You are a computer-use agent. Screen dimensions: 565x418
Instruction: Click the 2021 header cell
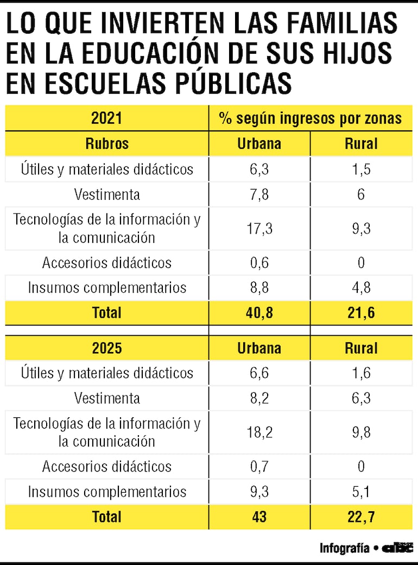106,118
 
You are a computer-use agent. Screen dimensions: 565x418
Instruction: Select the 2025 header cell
106,348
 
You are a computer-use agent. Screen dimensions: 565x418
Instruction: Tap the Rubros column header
106,143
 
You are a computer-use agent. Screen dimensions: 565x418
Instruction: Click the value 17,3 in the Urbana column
259,228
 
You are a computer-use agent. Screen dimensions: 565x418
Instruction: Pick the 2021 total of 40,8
259,312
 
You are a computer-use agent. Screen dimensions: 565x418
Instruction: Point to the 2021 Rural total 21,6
361,312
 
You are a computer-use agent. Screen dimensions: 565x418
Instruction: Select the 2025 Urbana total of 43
259,517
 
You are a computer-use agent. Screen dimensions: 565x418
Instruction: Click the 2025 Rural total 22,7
361,517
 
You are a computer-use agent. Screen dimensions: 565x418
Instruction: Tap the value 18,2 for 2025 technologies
259,432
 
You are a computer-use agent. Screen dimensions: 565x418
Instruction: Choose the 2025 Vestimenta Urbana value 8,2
259,398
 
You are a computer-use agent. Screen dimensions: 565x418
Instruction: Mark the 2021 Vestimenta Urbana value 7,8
259,194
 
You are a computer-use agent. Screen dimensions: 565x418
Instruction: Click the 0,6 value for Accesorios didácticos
259,262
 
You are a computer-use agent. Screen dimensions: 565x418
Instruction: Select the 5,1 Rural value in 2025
361,492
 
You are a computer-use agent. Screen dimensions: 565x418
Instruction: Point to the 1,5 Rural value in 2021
361,169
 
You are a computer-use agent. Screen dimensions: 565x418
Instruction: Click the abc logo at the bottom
397,548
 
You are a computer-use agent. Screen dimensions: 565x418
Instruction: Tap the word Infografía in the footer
344,548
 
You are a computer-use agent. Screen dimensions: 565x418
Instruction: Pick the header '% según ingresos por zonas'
310,118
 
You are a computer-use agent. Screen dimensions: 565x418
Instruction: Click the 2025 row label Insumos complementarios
107,492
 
